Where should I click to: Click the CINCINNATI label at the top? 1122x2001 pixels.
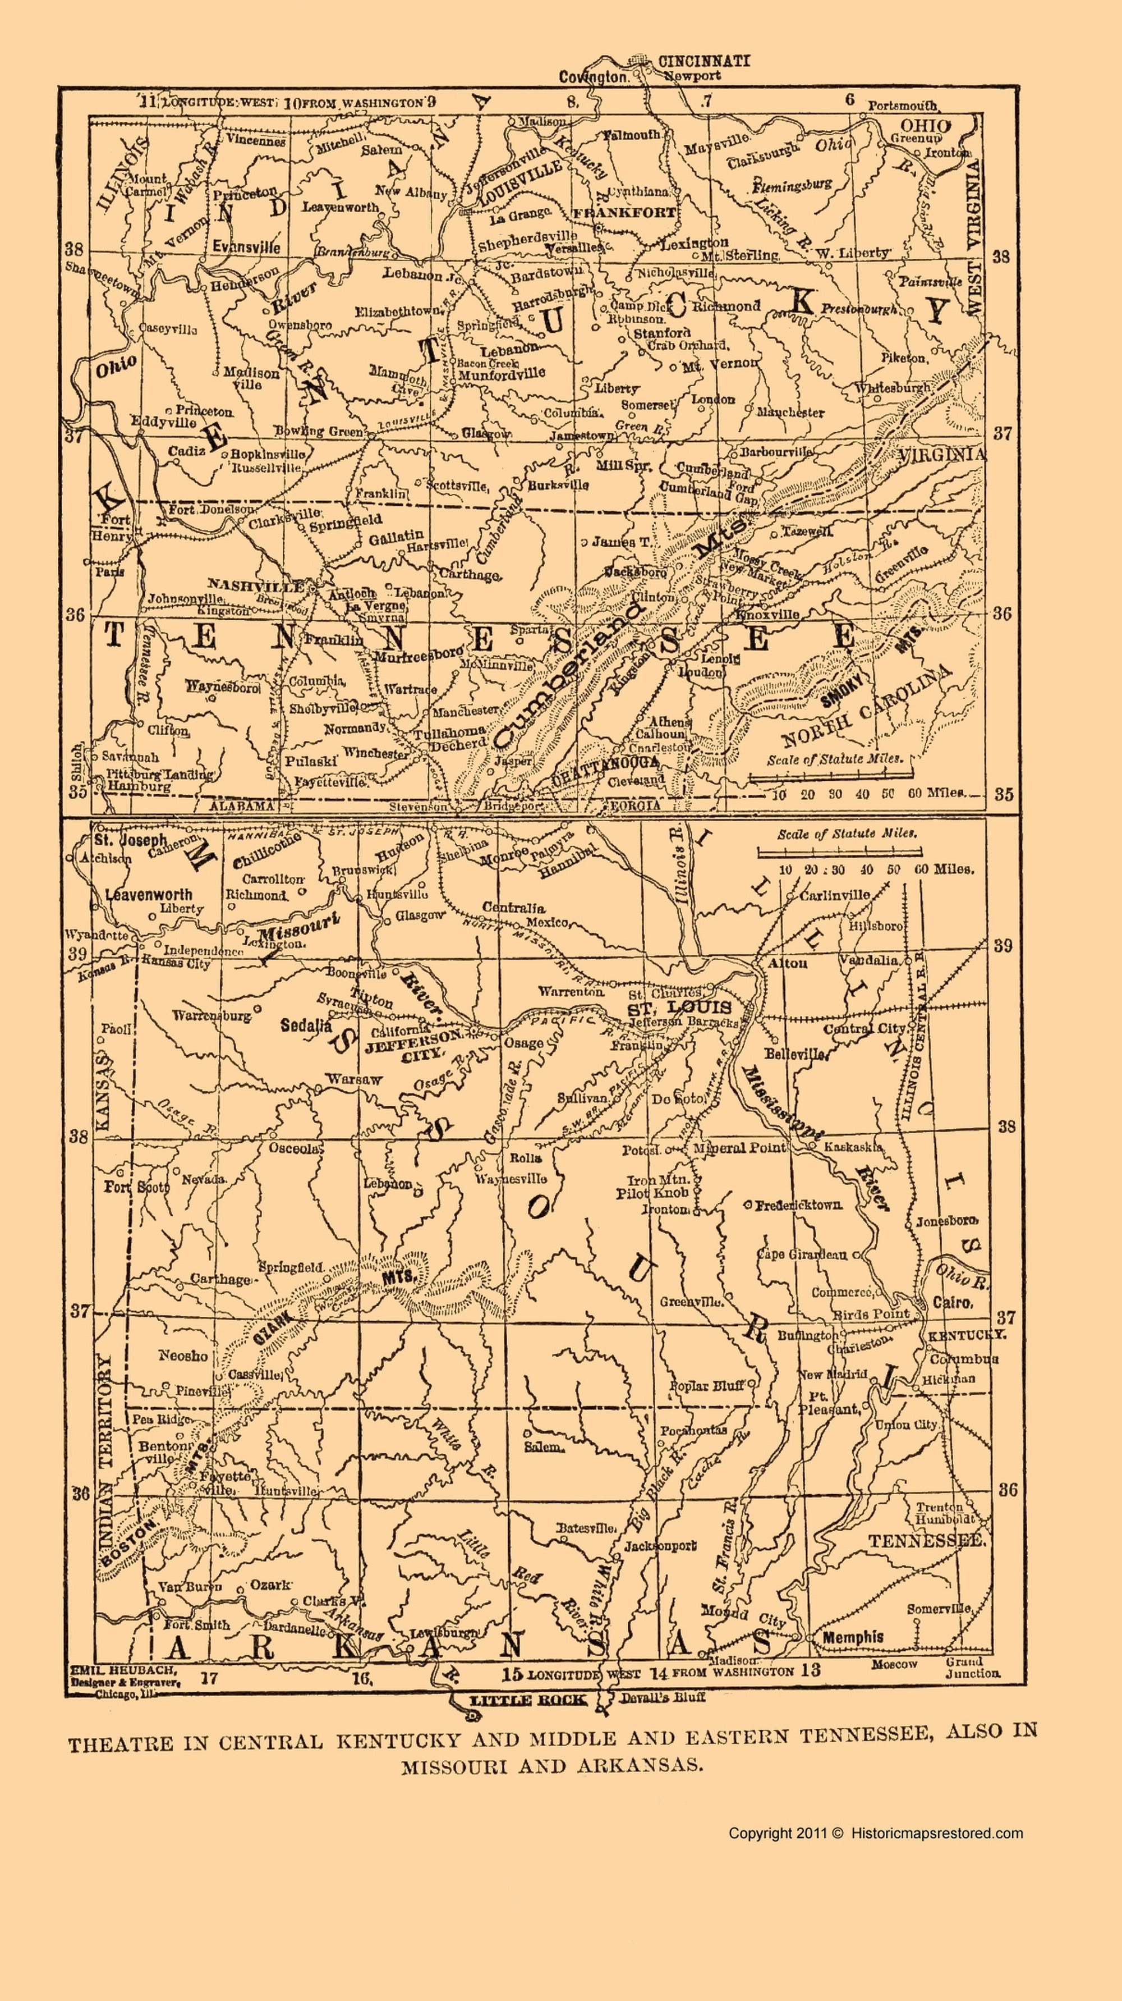click(x=703, y=61)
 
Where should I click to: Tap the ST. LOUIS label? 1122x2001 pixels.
click(x=680, y=1008)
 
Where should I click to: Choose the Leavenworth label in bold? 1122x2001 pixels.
click(x=148, y=894)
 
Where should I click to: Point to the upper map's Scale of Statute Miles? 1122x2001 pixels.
click(x=835, y=759)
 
